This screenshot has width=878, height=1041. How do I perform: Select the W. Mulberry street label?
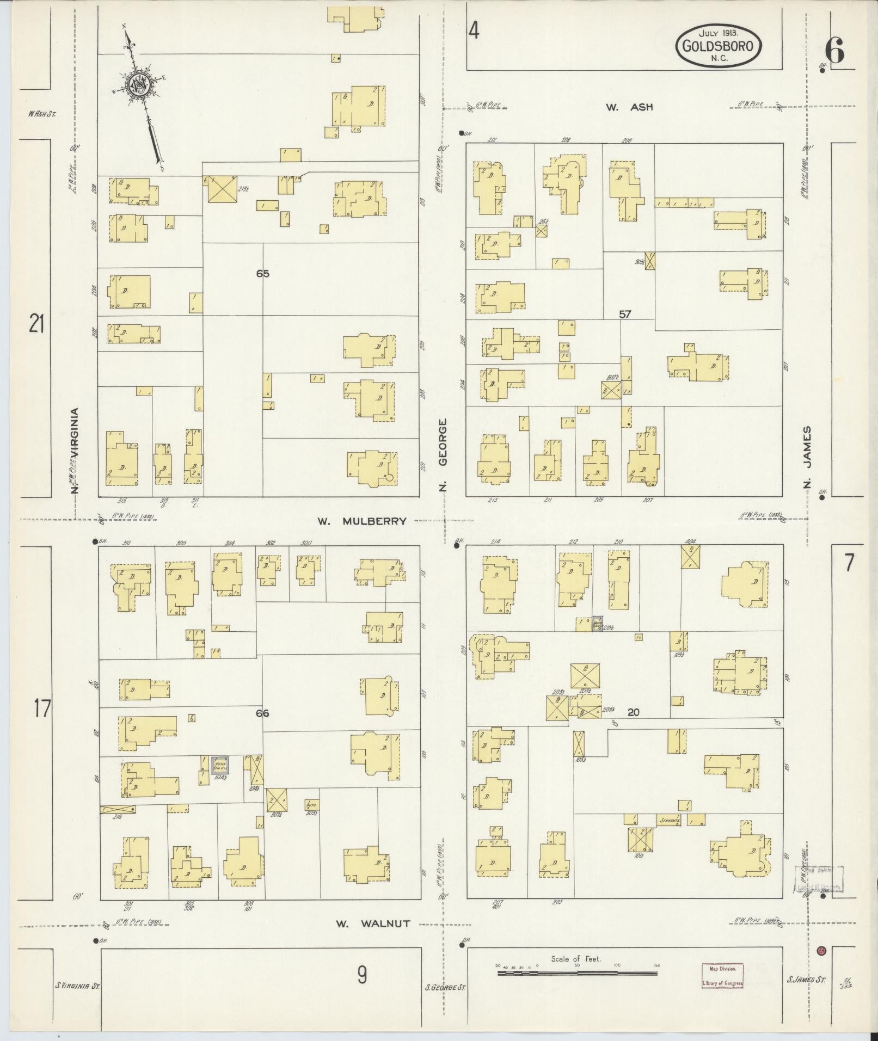362,521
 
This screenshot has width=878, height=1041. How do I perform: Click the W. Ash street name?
629,107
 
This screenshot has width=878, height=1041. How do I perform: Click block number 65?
263,274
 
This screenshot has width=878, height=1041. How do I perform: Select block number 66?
262,713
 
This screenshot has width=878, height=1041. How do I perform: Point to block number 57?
624,314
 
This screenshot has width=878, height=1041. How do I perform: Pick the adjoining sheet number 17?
42,709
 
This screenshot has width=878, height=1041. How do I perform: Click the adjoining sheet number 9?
362,975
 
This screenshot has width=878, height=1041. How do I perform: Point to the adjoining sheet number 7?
850,563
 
